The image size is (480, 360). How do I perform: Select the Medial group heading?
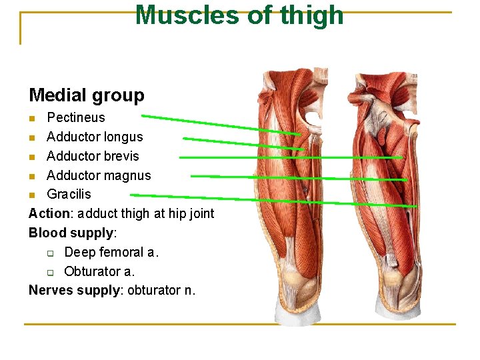pos(87,95)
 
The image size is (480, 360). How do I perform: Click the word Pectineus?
pos(76,117)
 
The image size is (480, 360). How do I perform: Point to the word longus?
pos(123,137)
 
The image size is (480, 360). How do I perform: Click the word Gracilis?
pos(69,194)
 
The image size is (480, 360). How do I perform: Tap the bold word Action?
pos(49,213)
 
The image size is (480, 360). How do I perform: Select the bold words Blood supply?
pos(72,233)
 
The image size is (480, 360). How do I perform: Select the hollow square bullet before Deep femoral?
pos(50,253)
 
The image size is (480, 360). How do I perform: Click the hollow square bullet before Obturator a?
pos(50,272)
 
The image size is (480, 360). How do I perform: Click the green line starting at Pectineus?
pos(220,125)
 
